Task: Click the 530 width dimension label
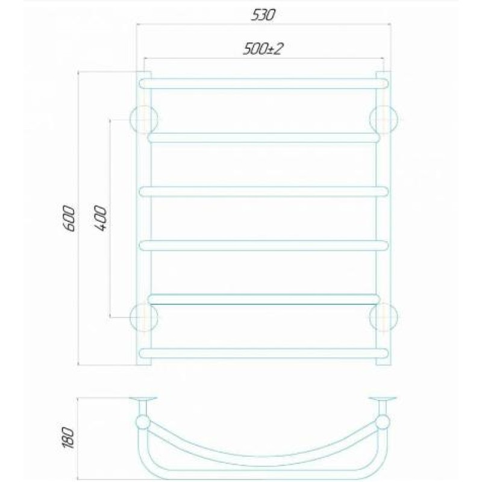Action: coord(263,15)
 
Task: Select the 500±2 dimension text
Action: coord(263,49)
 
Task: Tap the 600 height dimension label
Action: coord(69,219)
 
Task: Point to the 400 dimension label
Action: coord(101,218)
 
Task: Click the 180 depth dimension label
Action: coord(68,438)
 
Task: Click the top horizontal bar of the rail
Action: coord(263,84)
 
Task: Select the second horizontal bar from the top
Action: coord(263,138)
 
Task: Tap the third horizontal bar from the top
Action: coord(263,192)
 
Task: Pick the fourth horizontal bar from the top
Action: coord(263,246)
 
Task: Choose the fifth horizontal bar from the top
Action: coord(263,299)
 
